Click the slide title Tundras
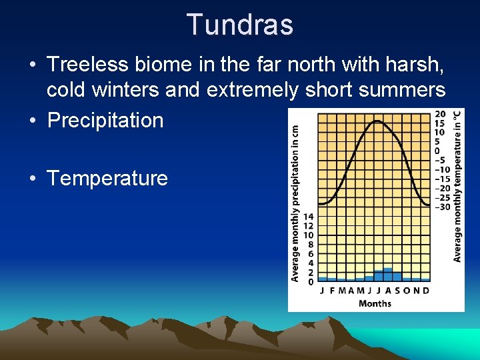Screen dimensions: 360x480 point(240,25)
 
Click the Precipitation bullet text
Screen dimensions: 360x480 point(105,120)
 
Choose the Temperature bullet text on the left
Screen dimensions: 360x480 point(107,178)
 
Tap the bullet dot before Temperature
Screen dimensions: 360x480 point(32,179)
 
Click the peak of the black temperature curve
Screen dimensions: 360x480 point(377,121)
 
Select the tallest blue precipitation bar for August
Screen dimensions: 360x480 point(388,274)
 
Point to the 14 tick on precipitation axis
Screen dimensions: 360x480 point(309,217)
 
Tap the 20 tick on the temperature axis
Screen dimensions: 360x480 point(440,114)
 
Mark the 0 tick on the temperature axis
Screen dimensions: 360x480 point(437,151)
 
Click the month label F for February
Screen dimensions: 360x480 point(332,291)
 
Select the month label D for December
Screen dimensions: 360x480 point(426,291)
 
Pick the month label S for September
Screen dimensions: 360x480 point(397,291)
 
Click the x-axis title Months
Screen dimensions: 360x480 point(375,303)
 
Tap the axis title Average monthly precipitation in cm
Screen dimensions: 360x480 point(295,203)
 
